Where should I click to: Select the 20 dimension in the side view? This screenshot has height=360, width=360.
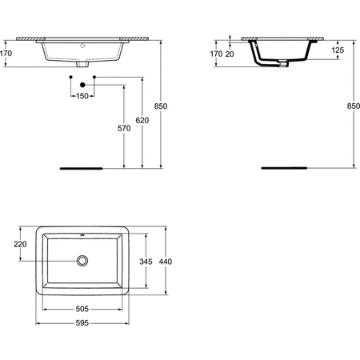click(x=230, y=54)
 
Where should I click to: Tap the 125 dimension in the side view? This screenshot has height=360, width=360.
click(x=337, y=50)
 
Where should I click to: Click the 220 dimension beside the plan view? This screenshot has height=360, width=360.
click(x=21, y=244)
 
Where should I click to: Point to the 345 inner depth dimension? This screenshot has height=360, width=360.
click(x=146, y=261)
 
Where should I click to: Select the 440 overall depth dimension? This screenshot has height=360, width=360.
click(x=166, y=261)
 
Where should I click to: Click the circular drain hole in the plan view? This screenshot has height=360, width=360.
click(x=82, y=261)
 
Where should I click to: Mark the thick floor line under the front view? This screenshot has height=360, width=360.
click(x=82, y=169)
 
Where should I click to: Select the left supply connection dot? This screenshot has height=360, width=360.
click(x=71, y=78)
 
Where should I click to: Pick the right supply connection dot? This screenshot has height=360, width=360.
click(x=94, y=78)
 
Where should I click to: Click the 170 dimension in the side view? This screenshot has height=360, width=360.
click(x=214, y=54)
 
